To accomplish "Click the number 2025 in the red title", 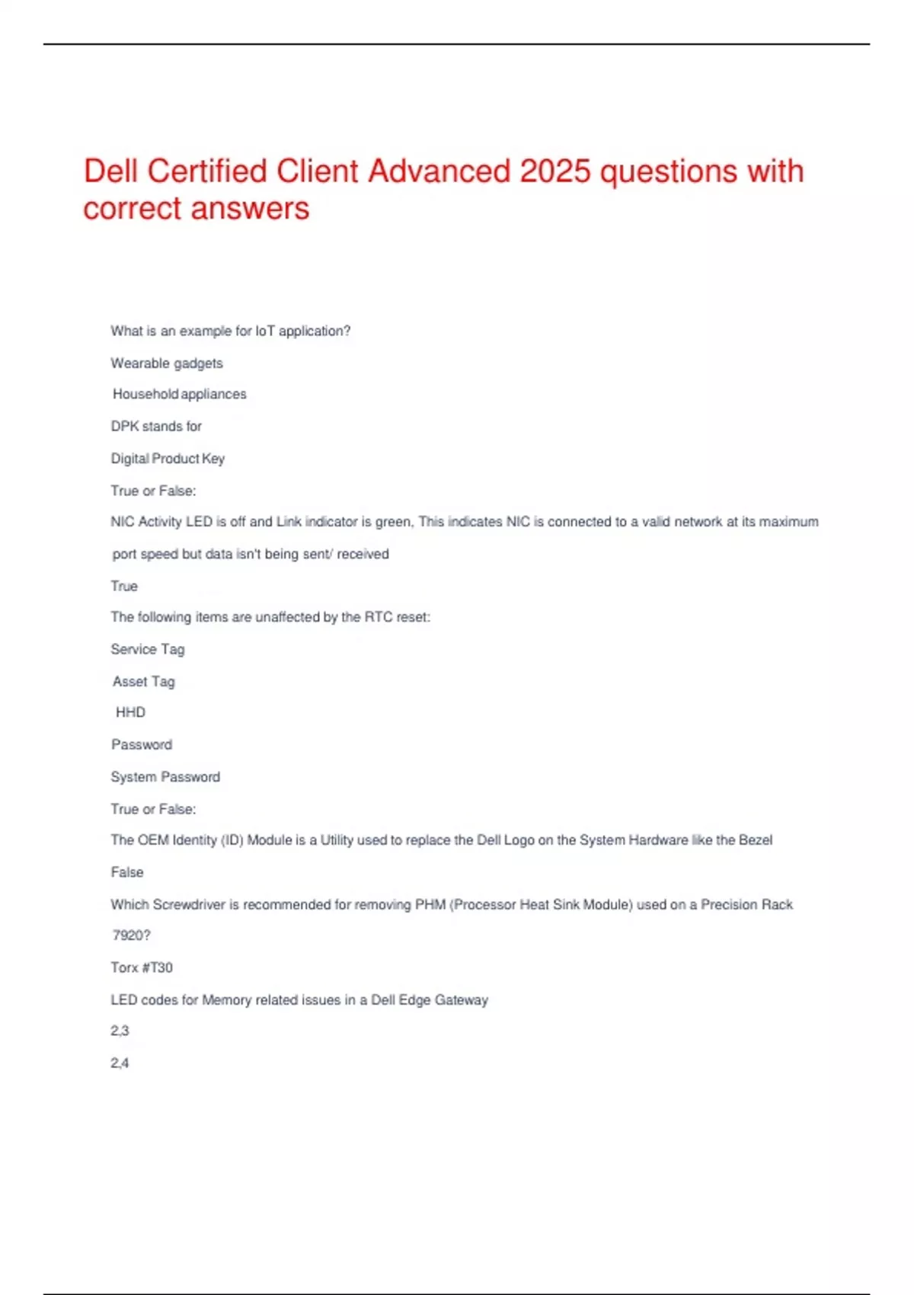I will (x=554, y=171).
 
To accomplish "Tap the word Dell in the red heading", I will (x=110, y=171).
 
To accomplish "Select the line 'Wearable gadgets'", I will (x=167, y=363).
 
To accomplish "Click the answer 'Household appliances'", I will (x=180, y=394).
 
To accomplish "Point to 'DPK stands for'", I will (x=156, y=427).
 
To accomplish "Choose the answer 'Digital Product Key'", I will (x=168, y=459).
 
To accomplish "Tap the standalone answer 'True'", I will (x=124, y=587).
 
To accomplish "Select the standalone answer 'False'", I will (x=127, y=872).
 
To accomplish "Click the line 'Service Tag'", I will (x=148, y=650).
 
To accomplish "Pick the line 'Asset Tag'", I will (x=144, y=682).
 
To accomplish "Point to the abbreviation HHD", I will (x=130, y=712).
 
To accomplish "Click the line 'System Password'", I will (x=165, y=777).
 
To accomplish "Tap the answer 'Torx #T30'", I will (x=142, y=967).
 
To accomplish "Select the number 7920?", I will (x=131, y=935).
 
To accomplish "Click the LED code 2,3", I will (x=120, y=1031).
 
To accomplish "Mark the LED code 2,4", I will (x=120, y=1063).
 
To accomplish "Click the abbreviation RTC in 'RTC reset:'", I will (x=379, y=617).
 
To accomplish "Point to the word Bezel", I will (x=756, y=840).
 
